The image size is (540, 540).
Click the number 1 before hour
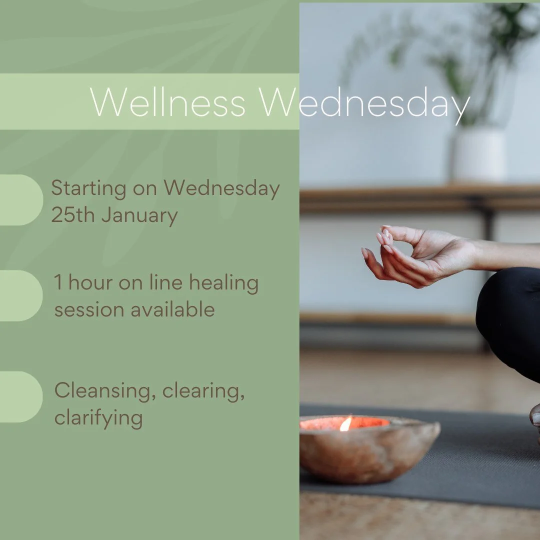[x=58, y=283]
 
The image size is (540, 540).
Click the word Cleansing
[x=102, y=391]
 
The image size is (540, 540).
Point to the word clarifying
[x=98, y=418]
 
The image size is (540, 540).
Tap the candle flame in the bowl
[x=345, y=424]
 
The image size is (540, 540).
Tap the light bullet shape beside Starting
[x=20, y=200]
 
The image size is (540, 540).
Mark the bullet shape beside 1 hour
[x=20, y=295]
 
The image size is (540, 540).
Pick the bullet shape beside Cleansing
[x=20, y=396]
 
